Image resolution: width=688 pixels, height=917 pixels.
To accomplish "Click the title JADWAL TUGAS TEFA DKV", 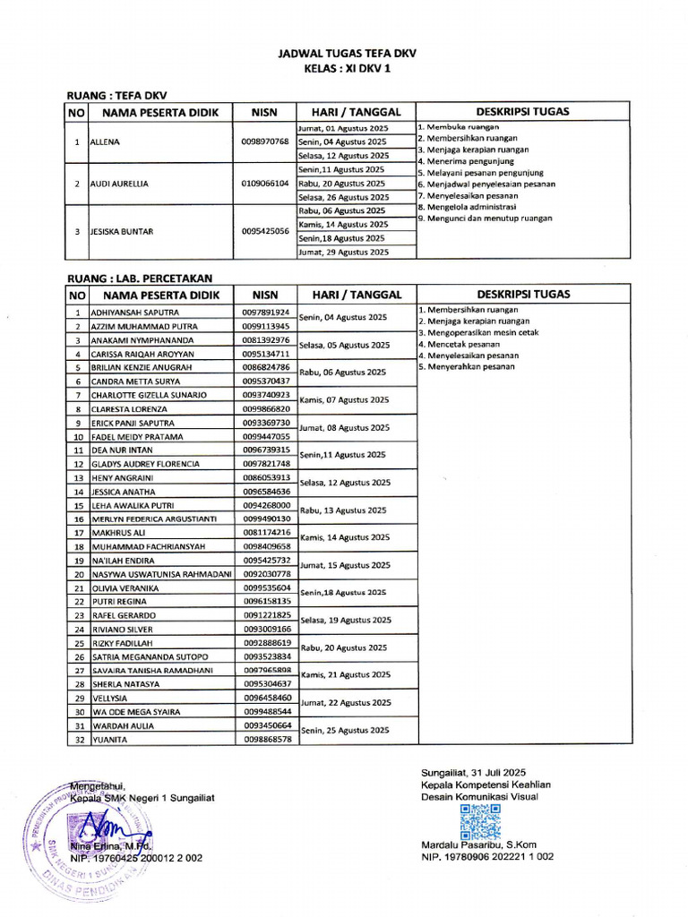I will click(x=347, y=54).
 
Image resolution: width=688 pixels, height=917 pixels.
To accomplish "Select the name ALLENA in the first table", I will click(x=106, y=141).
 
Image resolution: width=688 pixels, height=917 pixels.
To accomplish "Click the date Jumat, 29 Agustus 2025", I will click(x=343, y=253).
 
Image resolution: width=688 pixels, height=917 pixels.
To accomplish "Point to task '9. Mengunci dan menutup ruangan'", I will click(x=485, y=218).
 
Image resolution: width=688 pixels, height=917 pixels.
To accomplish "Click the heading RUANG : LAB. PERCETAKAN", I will click(x=140, y=279).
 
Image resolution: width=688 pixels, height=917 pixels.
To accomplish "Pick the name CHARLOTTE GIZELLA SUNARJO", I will click(x=150, y=395).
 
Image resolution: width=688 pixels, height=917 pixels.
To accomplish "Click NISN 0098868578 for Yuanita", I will click(x=266, y=740).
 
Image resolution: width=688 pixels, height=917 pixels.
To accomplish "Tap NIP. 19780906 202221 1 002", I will click(x=487, y=857).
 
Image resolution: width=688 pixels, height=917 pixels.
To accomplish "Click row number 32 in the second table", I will click(x=78, y=740).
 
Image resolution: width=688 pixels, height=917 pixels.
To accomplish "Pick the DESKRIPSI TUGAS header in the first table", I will click(x=523, y=112).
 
